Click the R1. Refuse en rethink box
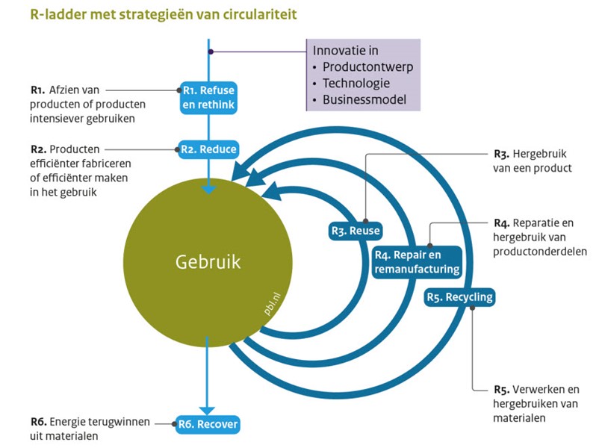tap(208, 98)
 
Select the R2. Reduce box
tap(208, 149)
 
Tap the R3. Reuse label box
tap(356, 231)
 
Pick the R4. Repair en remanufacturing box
tap(417, 262)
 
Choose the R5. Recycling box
tap(459, 297)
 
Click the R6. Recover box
tap(208, 424)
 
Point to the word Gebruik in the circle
tap(208, 262)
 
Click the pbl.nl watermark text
tap(272, 304)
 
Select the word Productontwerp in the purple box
tap(367, 66)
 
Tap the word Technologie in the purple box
tap(356, 83)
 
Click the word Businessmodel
tap(364, 99)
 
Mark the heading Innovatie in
tap(346, 50)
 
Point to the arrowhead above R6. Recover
tap(207, 411)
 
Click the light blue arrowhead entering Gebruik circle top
tap(209, 190)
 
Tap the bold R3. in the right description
tap(501, 155)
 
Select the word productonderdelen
tap(540, 252)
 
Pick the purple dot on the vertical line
tap(211, 52)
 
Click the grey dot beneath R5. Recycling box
tap(472, 308)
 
